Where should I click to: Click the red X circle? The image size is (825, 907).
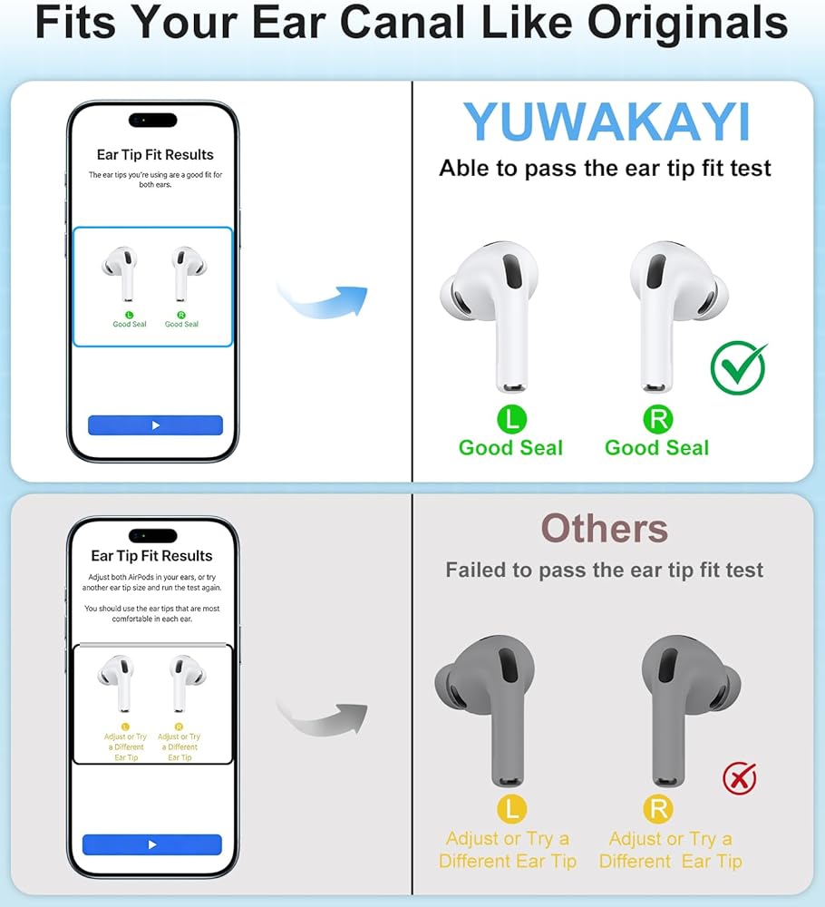[x=740, y=778]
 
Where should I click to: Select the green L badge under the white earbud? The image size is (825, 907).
[x=511, y=419]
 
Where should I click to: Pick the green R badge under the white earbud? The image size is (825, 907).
[x=658, y=419]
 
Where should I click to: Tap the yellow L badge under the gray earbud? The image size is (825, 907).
[x=511, y=809]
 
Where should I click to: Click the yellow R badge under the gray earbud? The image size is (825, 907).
[x=658, y=809]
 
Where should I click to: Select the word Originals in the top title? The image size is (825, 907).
[x=687, y=24]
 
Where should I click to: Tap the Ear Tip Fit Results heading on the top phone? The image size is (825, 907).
[x=155, y=154]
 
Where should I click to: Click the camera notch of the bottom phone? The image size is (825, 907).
[x=152, y=536]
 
